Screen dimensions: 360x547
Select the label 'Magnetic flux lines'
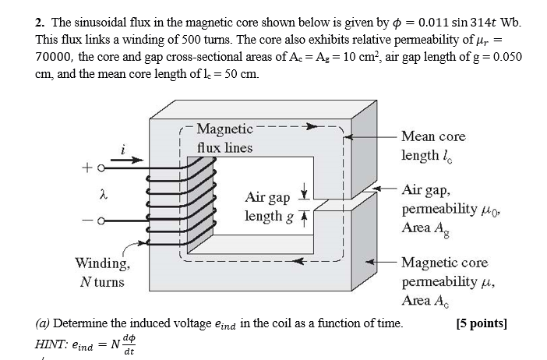[x=224, y=138]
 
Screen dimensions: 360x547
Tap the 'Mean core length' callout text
[x=433, y=146]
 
